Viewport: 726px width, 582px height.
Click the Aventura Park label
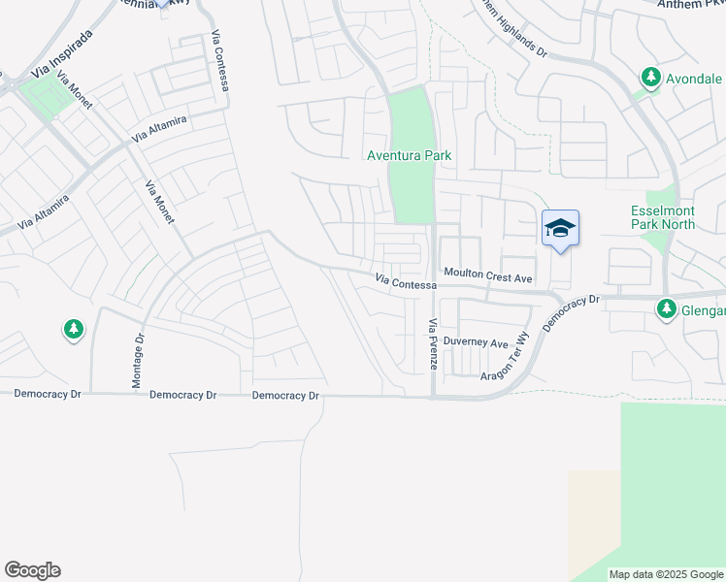tap(409, 155)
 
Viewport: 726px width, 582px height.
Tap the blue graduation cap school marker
tap(560, 229)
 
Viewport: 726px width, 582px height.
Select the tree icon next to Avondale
tap(649, 77)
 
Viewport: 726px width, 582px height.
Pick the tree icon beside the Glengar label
tap(666, 309)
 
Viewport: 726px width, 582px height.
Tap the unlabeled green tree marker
tap(73, 330)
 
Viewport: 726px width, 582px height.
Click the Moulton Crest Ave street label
tap(488, 277)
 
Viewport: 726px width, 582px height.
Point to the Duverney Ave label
tap(476, 343)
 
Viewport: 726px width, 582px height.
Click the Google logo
tap(32, 570)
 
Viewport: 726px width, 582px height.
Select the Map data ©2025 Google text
tap(665, 574)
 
